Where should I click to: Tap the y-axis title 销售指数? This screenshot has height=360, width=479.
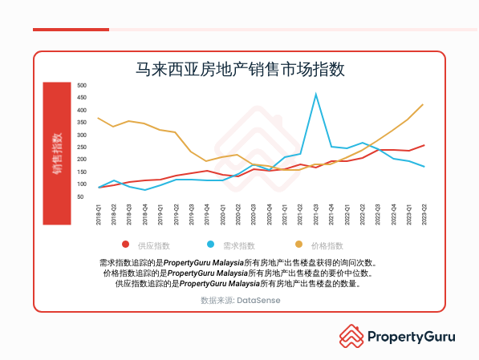58,152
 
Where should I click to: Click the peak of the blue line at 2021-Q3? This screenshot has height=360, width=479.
315,95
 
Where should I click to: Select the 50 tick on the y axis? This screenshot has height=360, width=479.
80,196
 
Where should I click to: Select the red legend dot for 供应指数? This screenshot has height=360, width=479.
125,245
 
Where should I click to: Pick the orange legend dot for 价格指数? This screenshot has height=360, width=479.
298,245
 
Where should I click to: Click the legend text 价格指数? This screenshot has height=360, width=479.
327,245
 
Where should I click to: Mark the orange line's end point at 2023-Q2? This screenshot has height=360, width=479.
423,104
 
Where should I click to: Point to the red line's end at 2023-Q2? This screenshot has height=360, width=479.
423,145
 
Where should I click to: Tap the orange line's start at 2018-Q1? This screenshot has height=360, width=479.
98,118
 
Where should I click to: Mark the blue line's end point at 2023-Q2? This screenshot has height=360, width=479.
423,167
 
